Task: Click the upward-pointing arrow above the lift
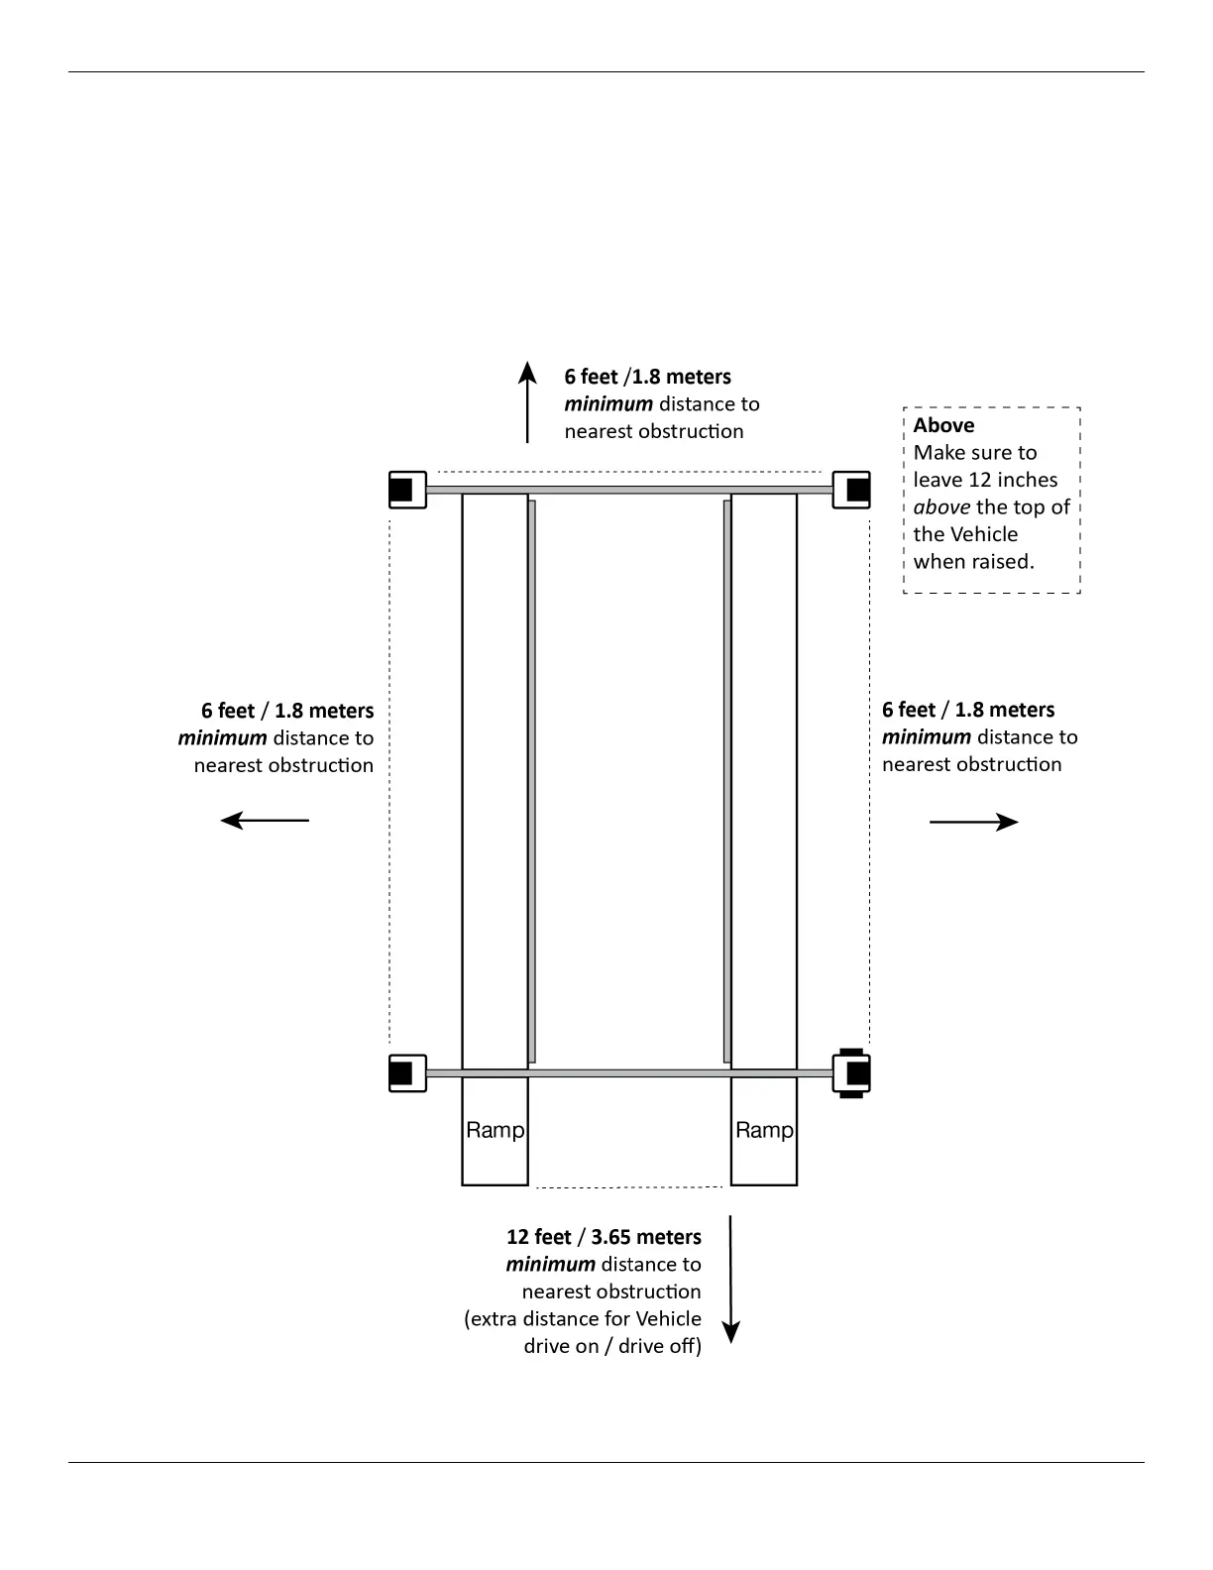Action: [x=527, y=401]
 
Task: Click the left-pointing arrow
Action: [x=265, y=821]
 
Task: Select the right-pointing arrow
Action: [x=973, y=822]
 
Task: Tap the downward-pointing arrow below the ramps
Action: [x=730, y=1279]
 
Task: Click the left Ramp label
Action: [x=495, y=1130]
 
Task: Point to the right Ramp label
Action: [x=764, y=1130]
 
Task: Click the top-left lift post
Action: [x=406, y=490]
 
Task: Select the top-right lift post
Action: [x=852, y=490]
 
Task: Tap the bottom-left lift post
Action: [x=406, y=1073]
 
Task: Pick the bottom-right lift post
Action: [x=852, y=1073]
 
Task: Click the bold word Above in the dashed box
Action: [x=943, y=425]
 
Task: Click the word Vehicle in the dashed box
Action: [x=984, y=534]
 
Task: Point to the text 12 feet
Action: [x=538, y=1237]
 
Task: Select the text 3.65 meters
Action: [x=646, y=1237]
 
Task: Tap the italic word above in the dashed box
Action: [x=941, y=507]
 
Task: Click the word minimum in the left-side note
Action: [x=222, y=738]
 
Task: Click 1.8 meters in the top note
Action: [x=682, y=377]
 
